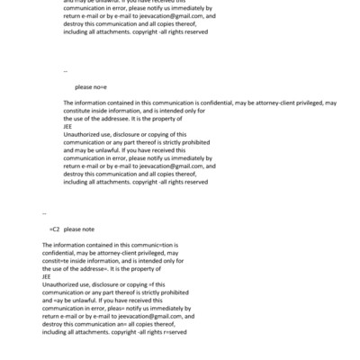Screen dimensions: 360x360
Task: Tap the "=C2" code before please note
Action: (54, 229)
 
